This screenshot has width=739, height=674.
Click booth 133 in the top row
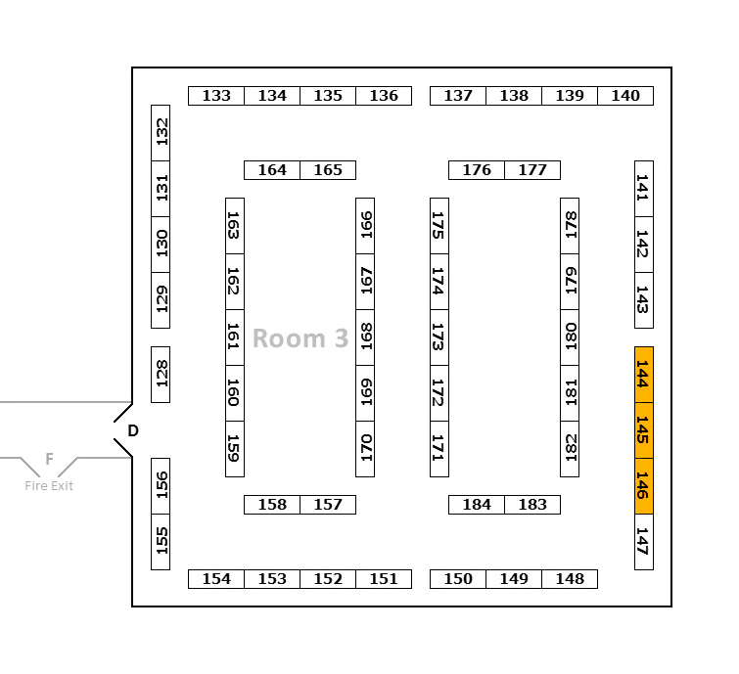tap(216, 96)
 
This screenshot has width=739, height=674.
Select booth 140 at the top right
tap(625, 96)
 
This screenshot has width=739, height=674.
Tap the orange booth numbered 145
tap(643, 430)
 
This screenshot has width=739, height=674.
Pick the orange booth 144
tap(643, 375)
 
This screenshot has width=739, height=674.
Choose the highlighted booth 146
tap(643, 486)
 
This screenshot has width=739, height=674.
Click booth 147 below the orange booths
tap(643, 542)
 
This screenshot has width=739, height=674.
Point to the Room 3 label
tap(300, 338)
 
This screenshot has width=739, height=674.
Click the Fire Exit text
tap(49, 486)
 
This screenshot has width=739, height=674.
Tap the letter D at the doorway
tap(133, 430)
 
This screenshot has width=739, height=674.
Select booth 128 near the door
tap(161, 375)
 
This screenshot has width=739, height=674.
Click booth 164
tap(272, 170)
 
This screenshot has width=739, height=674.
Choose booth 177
tap(532, 170)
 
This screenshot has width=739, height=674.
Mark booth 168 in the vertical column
tap(365, 337)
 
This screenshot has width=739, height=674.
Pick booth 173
tap(439, 337)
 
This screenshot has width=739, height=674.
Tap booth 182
tap(570, 449)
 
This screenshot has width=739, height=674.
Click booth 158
tap(272, 505)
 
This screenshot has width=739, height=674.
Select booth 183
tap(532, 505)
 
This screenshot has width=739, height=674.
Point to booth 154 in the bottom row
tap(216, 579)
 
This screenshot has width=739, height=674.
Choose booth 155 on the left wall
tap(161, 542)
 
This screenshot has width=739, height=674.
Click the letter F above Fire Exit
tap(49, 459)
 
